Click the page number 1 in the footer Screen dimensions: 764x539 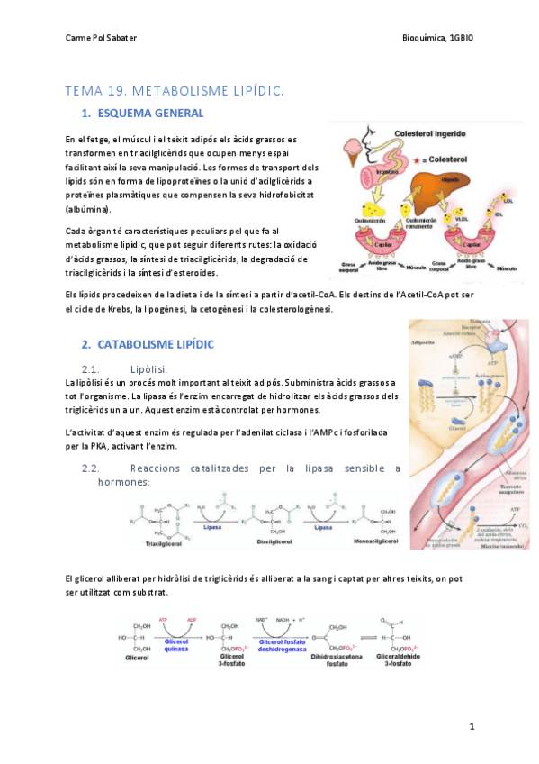(x=471, y=726)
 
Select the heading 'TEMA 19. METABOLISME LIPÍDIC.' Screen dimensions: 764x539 (x=175, y=90)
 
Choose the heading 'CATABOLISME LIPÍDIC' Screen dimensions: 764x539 (x=161, y=344)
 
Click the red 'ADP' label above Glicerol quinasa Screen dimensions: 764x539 (x=193, y=621)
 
